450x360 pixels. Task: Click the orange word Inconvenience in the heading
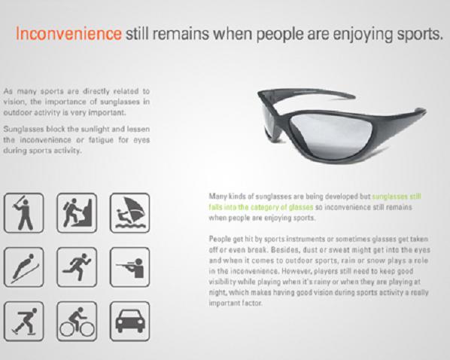[68, 33]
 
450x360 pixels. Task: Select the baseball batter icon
[24, 213]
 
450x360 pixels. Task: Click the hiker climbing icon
[77, 213]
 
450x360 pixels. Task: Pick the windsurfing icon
[129, 213]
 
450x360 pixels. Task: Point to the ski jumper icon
[24, 267]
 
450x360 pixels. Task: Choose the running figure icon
[77, 267]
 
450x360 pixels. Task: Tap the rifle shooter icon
[129, 267]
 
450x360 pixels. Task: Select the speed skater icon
[24, 321]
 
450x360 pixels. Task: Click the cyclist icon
[77, 321]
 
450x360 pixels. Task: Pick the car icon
[129, 321]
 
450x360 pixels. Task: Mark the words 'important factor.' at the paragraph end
[236, 303]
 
